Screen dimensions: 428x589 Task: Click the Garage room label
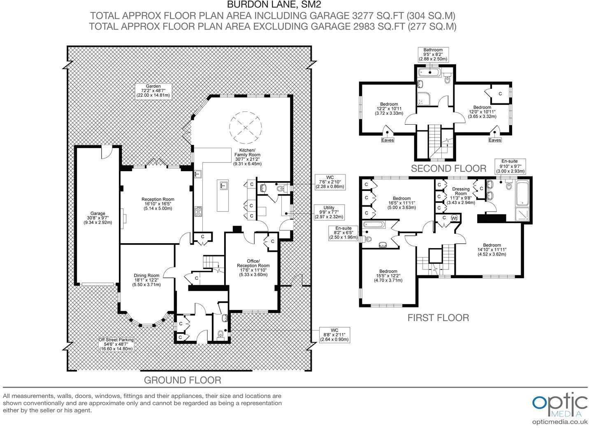(97, 218)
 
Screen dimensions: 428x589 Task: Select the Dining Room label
(146, 280)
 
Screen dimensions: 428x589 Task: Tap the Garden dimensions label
(153, 91)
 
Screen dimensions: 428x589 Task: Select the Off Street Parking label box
(116, 344)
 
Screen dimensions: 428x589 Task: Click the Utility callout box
(329, 212)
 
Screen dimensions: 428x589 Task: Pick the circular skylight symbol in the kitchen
(245, 127)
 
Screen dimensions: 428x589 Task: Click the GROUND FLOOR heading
(182, 380)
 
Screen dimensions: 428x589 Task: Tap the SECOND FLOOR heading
(448, 168)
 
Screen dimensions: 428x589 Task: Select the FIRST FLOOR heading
(438, 318)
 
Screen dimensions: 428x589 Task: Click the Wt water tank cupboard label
(455, 217)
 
